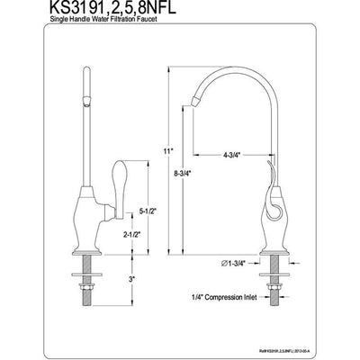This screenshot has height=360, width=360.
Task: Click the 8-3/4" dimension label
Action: click(x=184, y=178)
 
